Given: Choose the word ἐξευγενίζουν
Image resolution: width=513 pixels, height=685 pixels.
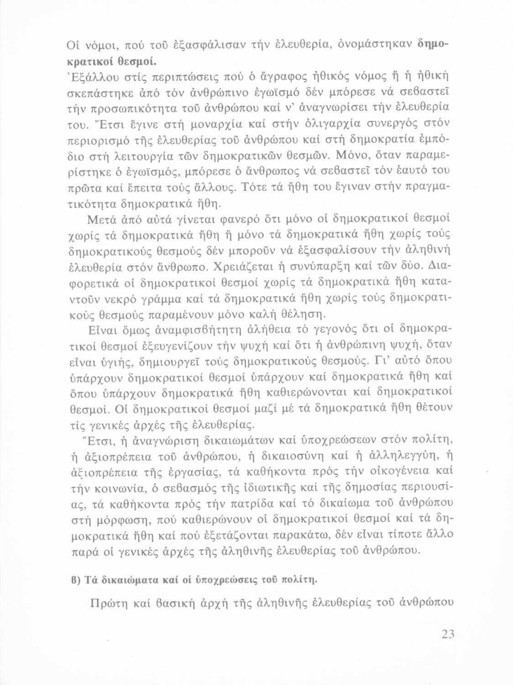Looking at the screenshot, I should pos(198,344).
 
